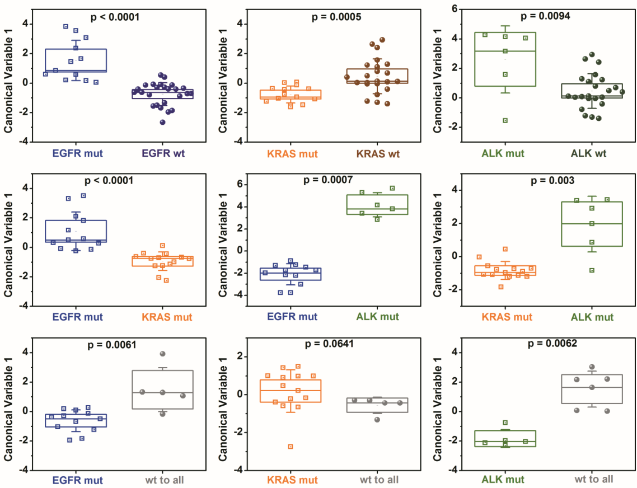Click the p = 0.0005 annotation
pyautogui.click(x=336, y=17)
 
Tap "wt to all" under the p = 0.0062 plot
pyautogui.click(x=594, y=479)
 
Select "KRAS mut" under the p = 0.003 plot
pyautogui.click(x=507, y=317)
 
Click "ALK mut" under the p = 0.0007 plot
pyautogui.click(x=377, y=317)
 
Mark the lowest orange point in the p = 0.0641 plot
pyautogui.click(x=291, y=447)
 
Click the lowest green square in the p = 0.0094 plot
pyautogui.click(x=505, y=120)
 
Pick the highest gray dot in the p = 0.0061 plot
pyautogui.click(x=163, y=354)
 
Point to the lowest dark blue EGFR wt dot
pyautogui.click(x=163, y=122)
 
